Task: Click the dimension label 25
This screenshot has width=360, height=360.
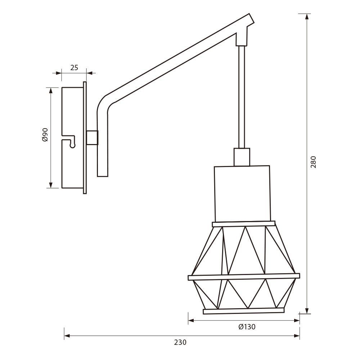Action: (74, 68)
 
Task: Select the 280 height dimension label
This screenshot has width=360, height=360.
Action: (314, 162)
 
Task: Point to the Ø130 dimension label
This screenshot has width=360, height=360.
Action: (247, 327)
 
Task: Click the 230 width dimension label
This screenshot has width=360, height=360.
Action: (180, 342)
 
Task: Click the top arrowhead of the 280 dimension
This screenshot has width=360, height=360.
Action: (307, 17)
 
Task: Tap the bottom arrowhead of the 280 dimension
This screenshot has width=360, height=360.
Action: (307, 310)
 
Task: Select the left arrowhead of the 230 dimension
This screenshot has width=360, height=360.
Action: (68, 336)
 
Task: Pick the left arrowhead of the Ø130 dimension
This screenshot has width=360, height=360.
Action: (192, 321)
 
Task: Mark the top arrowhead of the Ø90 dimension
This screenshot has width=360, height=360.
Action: (51, 91)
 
